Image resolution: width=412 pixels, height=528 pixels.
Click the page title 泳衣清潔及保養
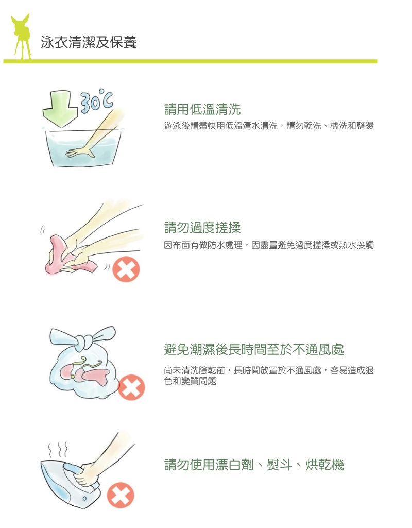pos(89,42)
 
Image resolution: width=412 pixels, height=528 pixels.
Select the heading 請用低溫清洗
pos(202,109)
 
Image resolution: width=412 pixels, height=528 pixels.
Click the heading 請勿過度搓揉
pos(202,228)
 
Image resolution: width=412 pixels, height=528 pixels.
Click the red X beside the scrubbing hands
pos(126,269)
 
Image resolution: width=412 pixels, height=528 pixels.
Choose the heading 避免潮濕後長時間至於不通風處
pos(254,349)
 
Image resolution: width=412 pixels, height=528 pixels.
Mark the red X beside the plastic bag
pos(131,387)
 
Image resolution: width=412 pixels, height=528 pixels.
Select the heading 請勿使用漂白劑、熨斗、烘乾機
pos(254,465)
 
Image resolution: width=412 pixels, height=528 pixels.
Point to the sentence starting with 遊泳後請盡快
pos(269,126)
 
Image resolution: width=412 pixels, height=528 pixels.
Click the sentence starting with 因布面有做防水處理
pos(269,245)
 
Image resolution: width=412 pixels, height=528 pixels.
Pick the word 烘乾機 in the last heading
pos(324,465)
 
